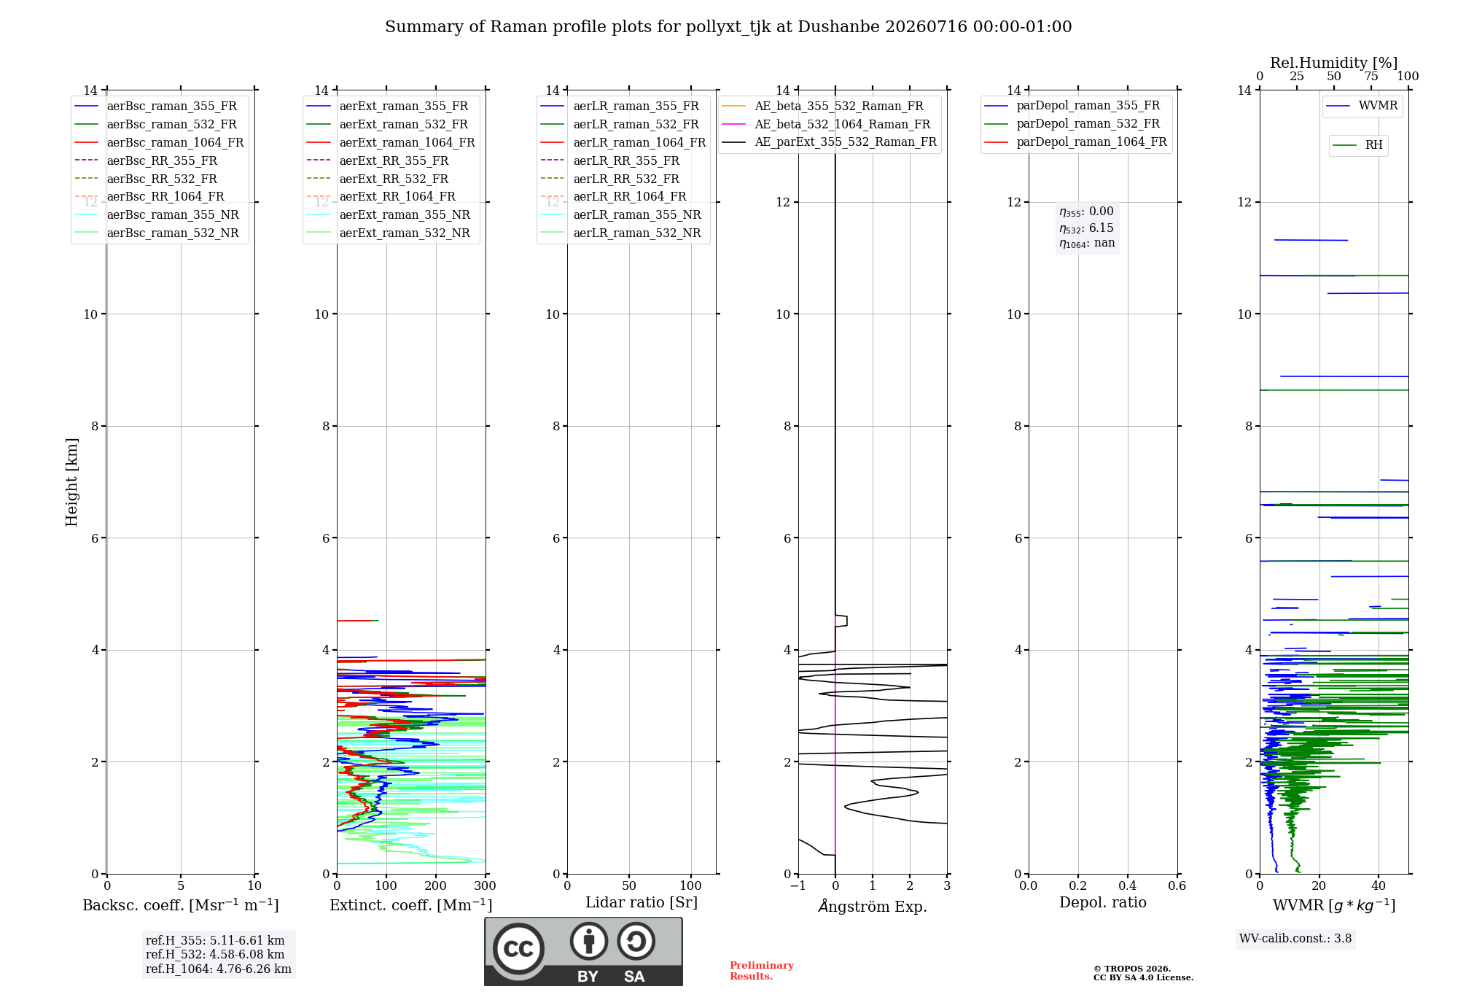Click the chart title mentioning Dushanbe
728,27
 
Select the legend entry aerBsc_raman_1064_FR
159,142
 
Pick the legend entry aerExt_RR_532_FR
378,179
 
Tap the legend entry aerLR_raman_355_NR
621,214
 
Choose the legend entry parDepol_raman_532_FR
1072,124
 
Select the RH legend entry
1357,145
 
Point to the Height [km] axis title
71,482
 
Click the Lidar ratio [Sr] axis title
642,902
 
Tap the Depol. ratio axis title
1103,902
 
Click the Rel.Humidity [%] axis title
1334,63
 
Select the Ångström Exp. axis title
873,906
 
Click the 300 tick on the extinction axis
485,886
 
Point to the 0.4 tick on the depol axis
1127,886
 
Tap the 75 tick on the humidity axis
1371,77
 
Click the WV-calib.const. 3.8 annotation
1295,939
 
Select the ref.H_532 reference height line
215,955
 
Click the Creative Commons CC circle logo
518,948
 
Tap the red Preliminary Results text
762,971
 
